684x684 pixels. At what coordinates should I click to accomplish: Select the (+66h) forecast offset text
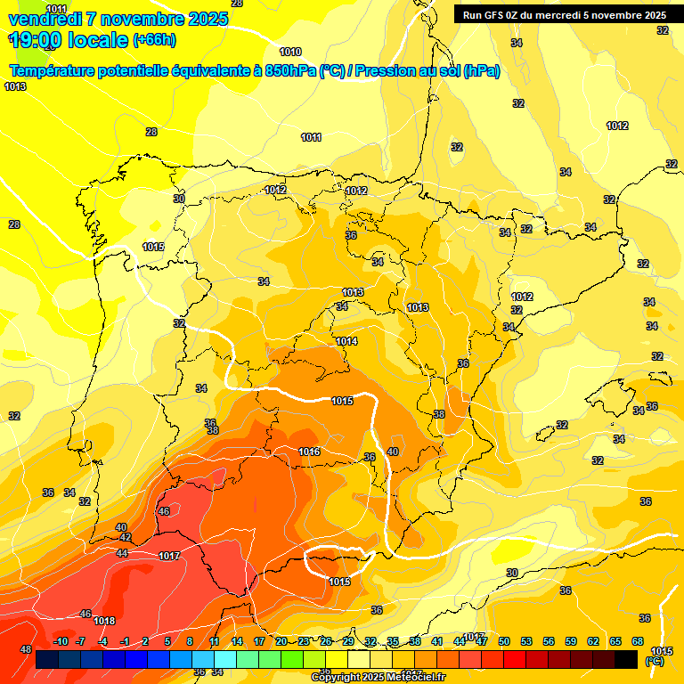(x=153, y=40)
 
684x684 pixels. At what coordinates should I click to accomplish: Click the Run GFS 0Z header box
(x=560, y=15)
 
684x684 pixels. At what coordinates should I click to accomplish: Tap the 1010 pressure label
(x=290, y=52)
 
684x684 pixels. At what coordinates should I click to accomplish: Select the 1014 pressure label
(x=346, y=341)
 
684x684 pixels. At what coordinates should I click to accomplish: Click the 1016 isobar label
(x=309, y=452)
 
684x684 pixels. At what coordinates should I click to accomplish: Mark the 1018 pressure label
(x=104, y=621)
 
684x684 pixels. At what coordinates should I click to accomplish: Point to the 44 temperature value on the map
(x=122, y=553)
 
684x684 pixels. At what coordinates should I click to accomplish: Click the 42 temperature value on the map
(x=126, y=538)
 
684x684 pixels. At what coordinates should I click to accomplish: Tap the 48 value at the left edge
(x=26, y=649)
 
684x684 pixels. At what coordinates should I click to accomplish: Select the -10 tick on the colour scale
(x=61, y=641)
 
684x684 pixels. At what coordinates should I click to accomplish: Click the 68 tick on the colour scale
(x=638, y=641)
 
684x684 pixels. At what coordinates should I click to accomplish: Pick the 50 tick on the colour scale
(x=504, y=641)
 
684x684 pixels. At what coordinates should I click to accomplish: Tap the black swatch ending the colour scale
(x=626, y=659)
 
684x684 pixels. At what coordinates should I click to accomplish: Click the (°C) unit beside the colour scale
(x=655, y=660)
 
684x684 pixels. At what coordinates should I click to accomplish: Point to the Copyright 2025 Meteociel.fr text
(x=378, y=677)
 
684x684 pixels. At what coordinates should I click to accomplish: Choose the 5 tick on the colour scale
(x=167, y=641)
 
